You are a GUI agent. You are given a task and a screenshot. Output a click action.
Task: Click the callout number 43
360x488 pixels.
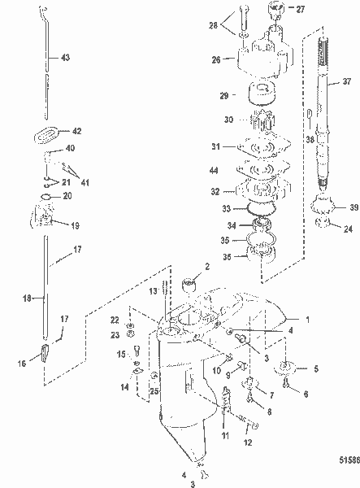65,58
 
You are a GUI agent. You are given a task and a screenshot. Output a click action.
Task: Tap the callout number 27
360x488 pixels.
301,9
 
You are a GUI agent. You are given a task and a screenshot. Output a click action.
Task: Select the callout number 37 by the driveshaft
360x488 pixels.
347,81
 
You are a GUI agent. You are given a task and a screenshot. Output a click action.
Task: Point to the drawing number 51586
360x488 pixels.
349,460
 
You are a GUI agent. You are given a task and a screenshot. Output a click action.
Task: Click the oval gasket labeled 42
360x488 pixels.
46,135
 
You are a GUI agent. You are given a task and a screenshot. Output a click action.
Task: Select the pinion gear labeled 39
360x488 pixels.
323,206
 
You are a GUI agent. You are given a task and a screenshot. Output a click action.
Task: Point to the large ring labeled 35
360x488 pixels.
262,239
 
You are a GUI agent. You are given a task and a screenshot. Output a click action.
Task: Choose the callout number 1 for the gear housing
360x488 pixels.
307,320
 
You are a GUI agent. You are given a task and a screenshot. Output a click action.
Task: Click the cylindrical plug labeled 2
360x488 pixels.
189,285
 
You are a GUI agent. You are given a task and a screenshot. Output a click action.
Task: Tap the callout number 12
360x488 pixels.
248,442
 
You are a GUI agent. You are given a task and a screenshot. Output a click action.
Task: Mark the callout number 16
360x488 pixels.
22,364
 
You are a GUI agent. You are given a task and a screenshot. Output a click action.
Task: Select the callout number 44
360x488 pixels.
214,170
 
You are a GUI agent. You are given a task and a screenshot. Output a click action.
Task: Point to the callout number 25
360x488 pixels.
154,391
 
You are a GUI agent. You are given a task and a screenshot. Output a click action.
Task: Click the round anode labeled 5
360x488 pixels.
284,368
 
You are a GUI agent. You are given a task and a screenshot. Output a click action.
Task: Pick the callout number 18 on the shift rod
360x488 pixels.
27,298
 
